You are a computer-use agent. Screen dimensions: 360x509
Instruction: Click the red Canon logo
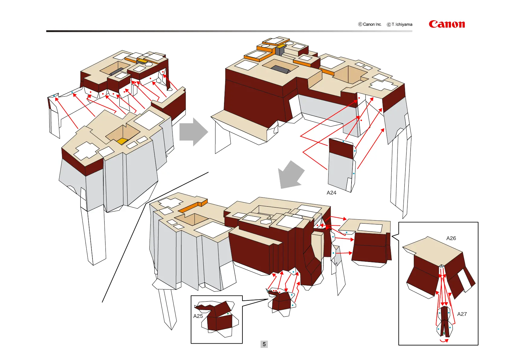point(446,24)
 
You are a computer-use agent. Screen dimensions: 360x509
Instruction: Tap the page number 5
point(264,344)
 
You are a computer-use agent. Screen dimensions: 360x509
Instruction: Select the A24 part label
point(331,193)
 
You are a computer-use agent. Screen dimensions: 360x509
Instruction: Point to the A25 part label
point(198,316)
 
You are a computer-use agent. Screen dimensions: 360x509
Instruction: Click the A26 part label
point(451,238)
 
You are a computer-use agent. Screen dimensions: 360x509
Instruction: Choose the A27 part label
point(462,314)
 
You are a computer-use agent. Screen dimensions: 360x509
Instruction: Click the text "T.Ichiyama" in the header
point(402,25)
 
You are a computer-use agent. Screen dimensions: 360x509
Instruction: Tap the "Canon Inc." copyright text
point(372,25)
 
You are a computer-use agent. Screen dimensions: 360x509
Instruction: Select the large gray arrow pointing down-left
point(290,175)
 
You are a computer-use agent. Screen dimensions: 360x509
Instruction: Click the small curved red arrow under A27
point(444,341)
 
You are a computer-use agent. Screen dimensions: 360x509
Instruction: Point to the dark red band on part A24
point(341,149)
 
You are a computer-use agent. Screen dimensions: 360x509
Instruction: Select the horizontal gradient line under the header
point(229,31)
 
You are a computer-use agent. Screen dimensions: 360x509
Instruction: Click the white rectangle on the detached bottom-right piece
point(370,227)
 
